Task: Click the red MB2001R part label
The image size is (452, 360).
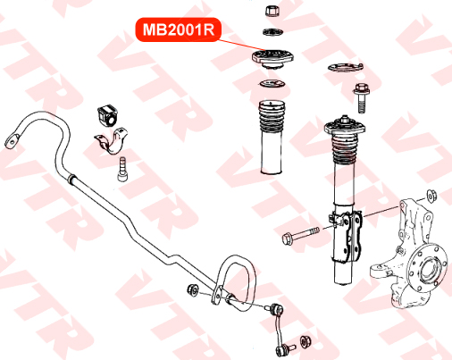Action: tap(179, 29)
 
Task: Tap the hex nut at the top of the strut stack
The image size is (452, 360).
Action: tap(272, 11)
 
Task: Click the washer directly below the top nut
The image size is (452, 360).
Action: tap(272, 31)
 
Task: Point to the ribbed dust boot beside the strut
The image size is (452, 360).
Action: tap(272, 137)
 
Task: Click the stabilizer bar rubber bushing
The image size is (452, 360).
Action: tap(107, 115)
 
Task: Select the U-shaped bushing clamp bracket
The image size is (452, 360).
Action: tap(112, 140)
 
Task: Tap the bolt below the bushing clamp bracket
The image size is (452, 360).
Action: tap(122, 169)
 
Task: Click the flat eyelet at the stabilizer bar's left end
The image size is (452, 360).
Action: tap(13, 140)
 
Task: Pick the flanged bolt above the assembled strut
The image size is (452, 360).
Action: tap(362, 98)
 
